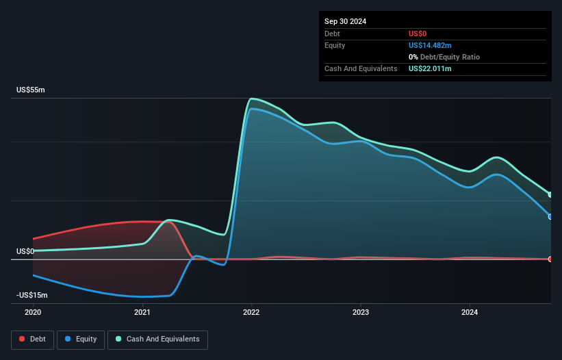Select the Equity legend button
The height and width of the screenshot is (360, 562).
(x=81, y=339)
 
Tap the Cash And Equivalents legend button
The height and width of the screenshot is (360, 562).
(x=157, y=339)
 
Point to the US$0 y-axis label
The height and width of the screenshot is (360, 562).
(x=25, y=251)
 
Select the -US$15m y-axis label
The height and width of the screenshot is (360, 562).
(x=31, y=295)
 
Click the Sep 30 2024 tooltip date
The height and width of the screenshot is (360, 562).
(x=346, y=21)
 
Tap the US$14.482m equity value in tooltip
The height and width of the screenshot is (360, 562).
(x=430, y=45)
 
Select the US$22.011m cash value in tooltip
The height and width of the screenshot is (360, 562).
(x=430, y=68)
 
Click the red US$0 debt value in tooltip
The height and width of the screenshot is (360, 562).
(x=418, y=34)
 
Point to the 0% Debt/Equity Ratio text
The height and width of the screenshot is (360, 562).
(x=443, y=57)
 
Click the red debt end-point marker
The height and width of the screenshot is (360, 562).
(x=550, y=259)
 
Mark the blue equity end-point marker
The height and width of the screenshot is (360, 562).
(x=550, y=216)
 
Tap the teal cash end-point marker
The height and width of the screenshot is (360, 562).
(x=550, y=195)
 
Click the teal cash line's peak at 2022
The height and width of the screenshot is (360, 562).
(x=252, y=99)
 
